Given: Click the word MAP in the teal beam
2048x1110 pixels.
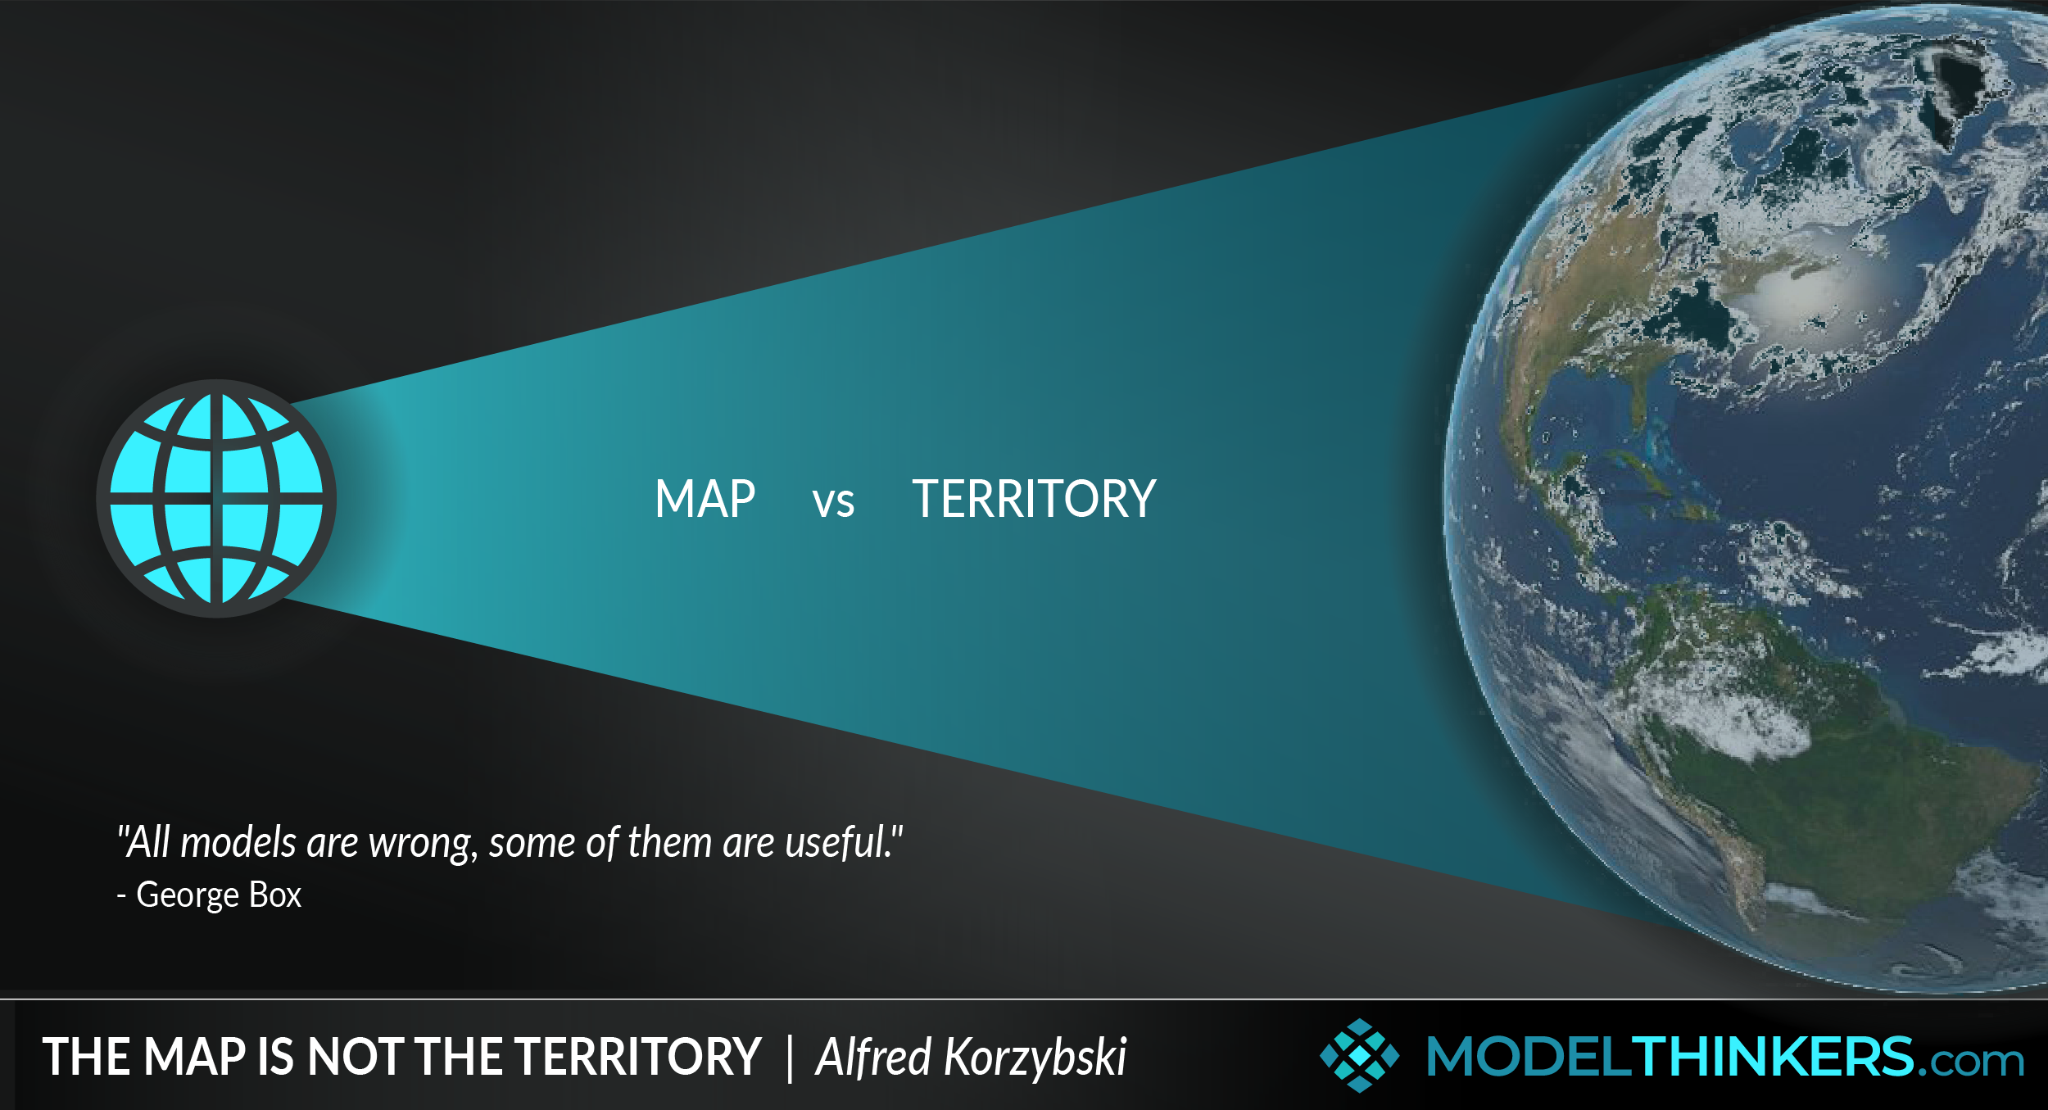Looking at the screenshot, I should point(705,499).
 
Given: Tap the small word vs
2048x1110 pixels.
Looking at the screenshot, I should point(833,502).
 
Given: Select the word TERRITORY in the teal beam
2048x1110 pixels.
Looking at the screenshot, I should point(1034,499).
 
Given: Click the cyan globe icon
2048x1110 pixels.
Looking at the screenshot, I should point(216,498).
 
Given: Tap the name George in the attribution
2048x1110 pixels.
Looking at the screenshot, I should point(188,895).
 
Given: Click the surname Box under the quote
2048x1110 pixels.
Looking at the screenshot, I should point(275,895).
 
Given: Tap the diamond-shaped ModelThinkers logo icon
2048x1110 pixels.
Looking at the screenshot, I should point(1359,1055).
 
